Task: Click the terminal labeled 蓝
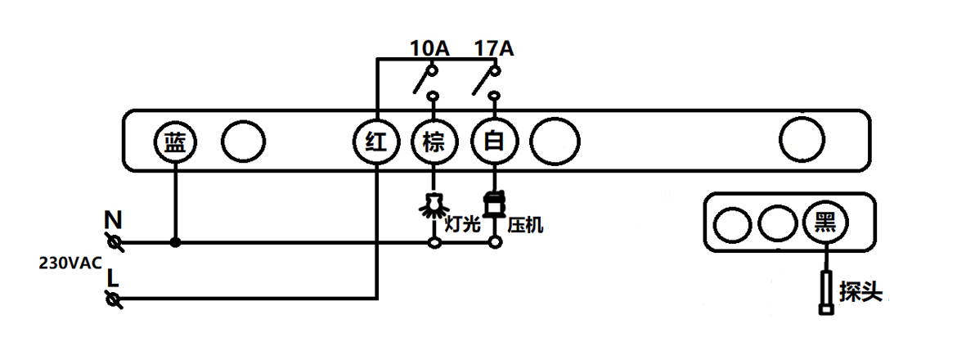coord(175,143)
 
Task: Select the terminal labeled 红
coord(375,143)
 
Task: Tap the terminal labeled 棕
coord(433,143)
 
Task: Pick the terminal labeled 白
coord(493,143)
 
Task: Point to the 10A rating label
coord(429,49)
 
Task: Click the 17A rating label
coord(494,49)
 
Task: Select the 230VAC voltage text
coord(70,263)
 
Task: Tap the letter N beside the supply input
coord(114,220)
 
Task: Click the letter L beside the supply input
coord(113,278)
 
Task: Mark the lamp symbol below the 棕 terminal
coord(433,205)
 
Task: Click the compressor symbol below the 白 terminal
coord(493,204)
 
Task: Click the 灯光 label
coord(462,223)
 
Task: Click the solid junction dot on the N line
coord(175,243)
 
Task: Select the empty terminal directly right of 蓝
coord(243,143)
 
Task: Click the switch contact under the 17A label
coord(487,82)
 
